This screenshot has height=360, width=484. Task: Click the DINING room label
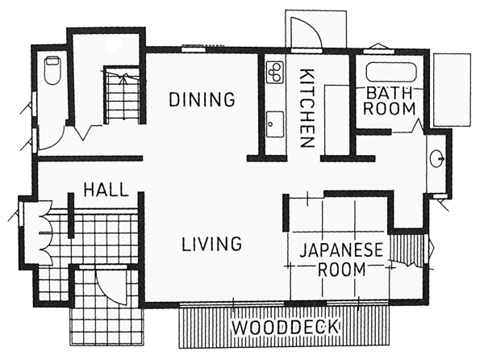(202, 99)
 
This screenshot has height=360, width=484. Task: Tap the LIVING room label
(211, 244)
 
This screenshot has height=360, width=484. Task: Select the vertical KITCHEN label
(307, 108)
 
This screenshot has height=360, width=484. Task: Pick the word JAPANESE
(341, 250)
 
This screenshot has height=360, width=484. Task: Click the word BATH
(390, 94)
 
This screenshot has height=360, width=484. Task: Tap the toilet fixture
(52, 70)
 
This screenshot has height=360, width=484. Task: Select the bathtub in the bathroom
(391, 73)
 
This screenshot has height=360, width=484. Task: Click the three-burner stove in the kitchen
(275, 73)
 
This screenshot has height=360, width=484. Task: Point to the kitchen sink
(275, 125)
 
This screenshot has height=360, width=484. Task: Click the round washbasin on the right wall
(437, 159)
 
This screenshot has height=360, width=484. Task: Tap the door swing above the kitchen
(307, 33)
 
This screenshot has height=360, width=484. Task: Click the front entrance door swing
(111, 286)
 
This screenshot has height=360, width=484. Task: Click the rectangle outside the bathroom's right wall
(453, 90)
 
